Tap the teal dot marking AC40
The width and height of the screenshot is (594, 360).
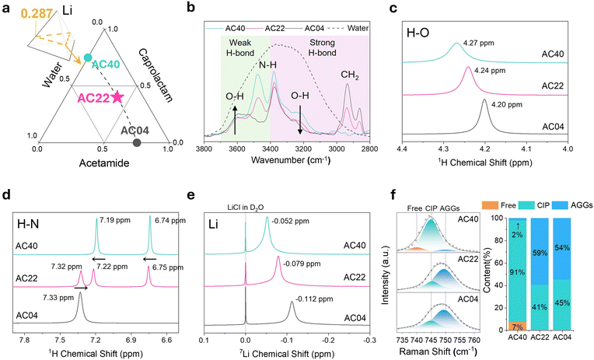88,58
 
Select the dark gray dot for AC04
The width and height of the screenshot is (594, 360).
137,142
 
